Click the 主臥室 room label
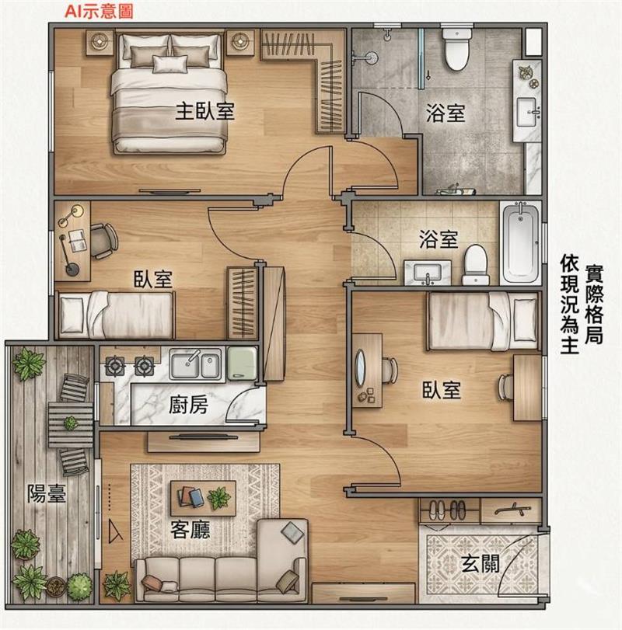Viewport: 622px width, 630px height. [x=204, y=111]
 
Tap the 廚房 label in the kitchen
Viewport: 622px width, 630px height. [x=188, y=404]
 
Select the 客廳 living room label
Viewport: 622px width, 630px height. [x=190, y=529]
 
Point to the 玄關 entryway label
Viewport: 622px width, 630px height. [x=480, y=563]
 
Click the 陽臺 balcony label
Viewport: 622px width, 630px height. [x=46, y=493]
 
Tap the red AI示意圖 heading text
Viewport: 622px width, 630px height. [x=99, y=10]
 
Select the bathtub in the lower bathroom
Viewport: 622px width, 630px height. [x=522, y=242]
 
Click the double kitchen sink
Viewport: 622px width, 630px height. [x=195, y=364]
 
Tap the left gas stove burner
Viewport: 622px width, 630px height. [x=114, y=366]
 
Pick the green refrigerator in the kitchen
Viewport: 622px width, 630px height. [x=242, y=364]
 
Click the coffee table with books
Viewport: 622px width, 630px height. [x=203, y=498]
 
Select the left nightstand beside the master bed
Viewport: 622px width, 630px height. [x=100, y=41]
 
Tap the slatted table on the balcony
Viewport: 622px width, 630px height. [x=71, y=425]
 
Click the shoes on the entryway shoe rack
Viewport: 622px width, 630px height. [x=447, y=510]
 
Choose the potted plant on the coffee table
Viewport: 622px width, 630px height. [x=218, y=498]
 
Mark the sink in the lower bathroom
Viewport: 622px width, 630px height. [x=428, y=273]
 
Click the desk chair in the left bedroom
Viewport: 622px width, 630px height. [x=104, y=241]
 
